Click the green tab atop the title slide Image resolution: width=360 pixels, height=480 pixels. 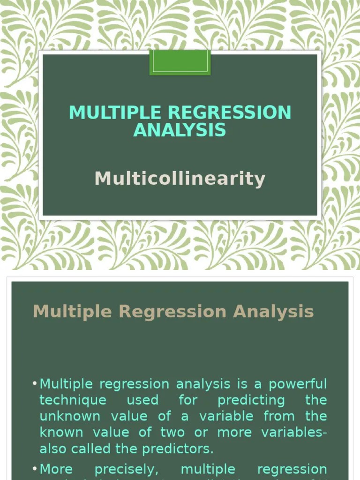(x=180, y=62)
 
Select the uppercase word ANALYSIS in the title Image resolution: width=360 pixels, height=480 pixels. (x=180, y=130)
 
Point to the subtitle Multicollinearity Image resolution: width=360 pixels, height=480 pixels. (x=180, y=179)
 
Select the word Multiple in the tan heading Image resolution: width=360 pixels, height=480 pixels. (x=73, y=312)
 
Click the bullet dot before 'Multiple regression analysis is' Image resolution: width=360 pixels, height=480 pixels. (x=35, y=384)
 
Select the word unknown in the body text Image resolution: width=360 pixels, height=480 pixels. (x=69, y=416)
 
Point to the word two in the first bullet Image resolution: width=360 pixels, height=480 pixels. (x=172, y=432)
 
